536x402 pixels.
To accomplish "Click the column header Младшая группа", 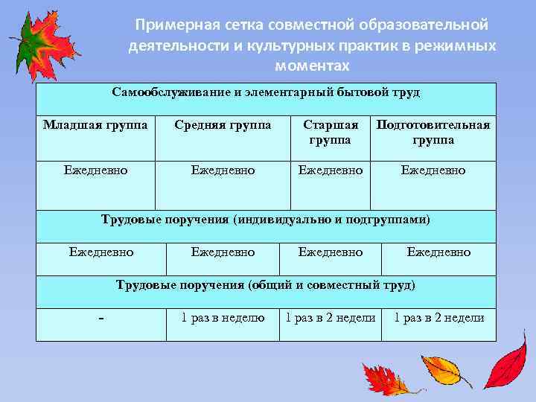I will pos(95,124).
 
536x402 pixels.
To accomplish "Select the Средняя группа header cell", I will pos(223,124).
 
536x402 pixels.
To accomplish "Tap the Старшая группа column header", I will pos(331,132).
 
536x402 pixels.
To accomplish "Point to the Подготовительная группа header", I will pos(433,132).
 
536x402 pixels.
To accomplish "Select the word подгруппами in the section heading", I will pos(392,220).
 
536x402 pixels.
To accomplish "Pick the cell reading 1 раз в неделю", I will pos(223,318).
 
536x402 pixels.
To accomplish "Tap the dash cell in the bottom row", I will pos(100,319).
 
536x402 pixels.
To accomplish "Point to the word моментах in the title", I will pos(312,66).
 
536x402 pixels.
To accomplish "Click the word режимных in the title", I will pos(454,46).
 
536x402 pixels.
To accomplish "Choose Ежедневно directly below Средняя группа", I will pos(223,170).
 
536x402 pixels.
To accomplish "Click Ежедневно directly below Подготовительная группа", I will pos(433,170).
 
